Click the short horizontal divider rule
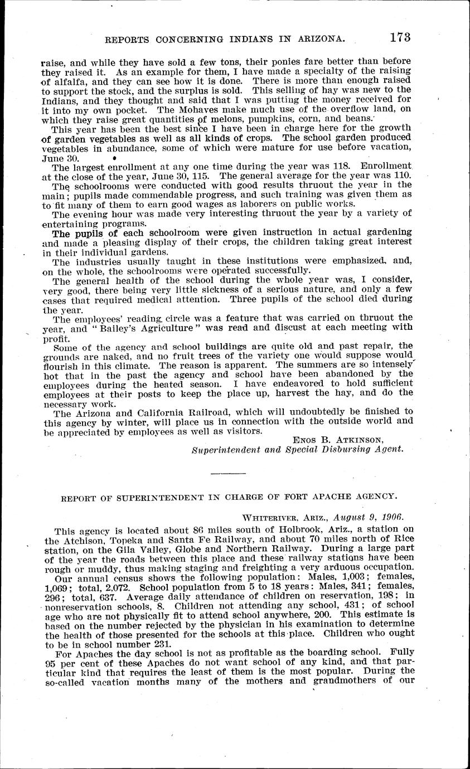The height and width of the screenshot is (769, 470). click(x=229, y=473)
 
